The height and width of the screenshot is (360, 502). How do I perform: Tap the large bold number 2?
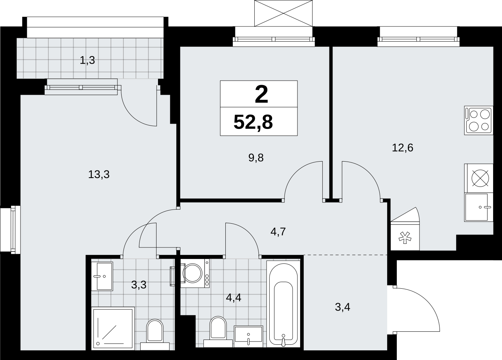tap(261, 95)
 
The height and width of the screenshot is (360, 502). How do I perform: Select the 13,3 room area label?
tap(99, 174)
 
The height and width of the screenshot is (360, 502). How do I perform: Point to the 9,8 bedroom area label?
tap(256, 158)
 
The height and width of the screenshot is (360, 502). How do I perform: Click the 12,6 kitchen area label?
tap(402, 148)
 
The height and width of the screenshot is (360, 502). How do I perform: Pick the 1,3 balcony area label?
tap(87, 61)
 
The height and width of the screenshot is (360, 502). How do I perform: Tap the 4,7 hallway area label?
tap(278, 231)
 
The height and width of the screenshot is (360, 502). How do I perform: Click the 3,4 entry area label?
tap(342, 307)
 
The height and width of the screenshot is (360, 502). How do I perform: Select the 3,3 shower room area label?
tap(139, 285)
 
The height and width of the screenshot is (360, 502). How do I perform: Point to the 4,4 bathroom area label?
tap(234, 298)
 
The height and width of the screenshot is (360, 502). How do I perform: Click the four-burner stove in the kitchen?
tap(479, 120)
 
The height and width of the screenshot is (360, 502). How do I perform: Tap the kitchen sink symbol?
tap(479, 207)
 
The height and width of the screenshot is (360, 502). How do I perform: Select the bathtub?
tap(283, 304)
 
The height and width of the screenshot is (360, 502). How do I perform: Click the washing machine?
tap(195, 273)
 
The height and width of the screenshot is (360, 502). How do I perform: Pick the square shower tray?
tap(113, 328)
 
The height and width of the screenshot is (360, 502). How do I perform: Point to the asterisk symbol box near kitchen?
tap(405, 237)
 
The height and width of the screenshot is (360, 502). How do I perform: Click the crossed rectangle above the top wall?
tap(283, 13)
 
